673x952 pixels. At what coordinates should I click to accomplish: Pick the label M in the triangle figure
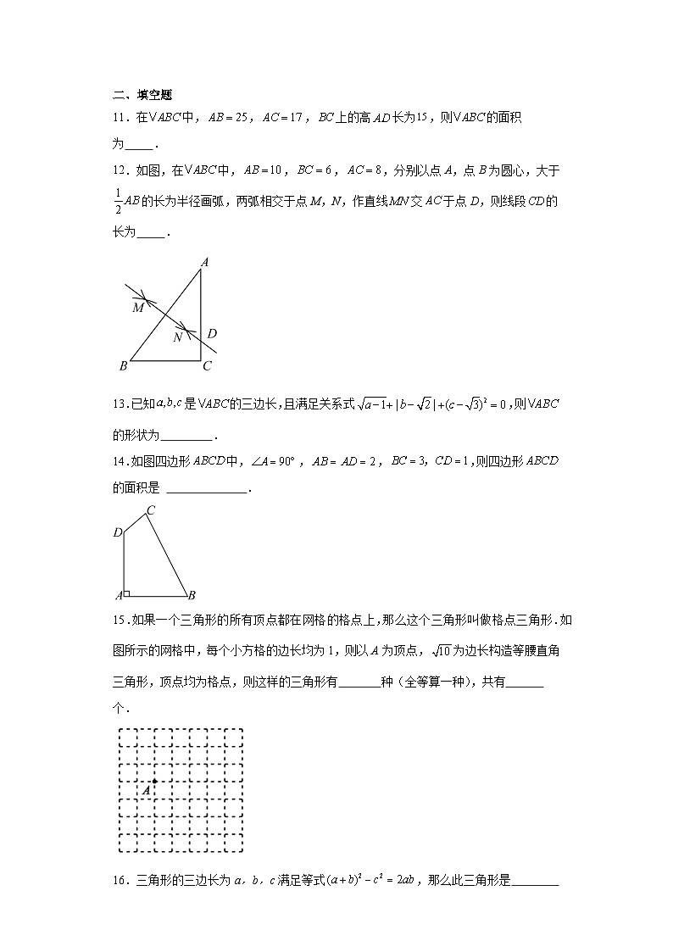point(138,308)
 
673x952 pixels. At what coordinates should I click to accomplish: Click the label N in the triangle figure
point(177,337)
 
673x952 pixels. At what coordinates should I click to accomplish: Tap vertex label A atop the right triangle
point(203,263)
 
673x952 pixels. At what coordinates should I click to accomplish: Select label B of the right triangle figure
point(124,366)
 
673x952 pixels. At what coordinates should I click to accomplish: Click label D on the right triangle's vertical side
point(212,333)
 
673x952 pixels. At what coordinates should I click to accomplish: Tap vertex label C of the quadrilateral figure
point(150,510)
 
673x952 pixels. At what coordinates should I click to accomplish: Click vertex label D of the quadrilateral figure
point(118,532)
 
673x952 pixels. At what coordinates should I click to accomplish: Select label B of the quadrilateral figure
point(192,594)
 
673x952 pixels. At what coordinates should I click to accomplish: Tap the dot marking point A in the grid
point(154,781)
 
